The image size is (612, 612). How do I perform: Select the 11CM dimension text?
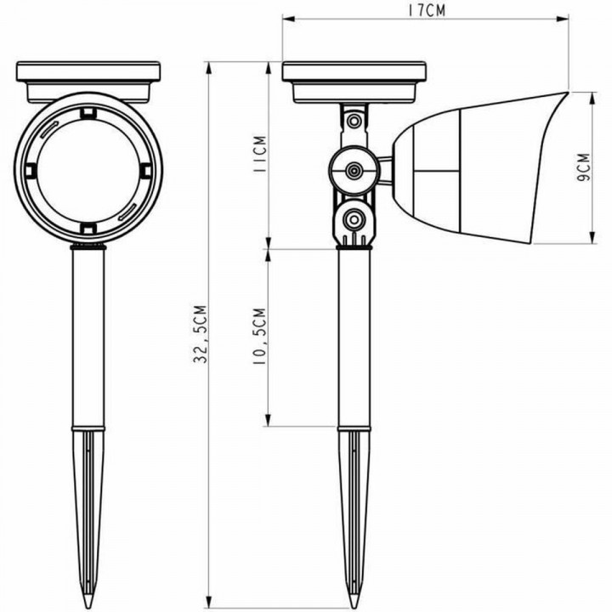(x=259, y=156)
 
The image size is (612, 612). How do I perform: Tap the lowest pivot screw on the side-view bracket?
(x=352, y=221)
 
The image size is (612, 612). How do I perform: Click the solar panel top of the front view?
(x=88, y=69)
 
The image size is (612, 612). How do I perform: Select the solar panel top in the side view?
(x=354, y=69)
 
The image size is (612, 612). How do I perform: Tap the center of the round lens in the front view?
(x=88, y=168)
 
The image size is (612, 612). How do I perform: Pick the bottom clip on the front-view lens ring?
(x=88, y=227)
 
